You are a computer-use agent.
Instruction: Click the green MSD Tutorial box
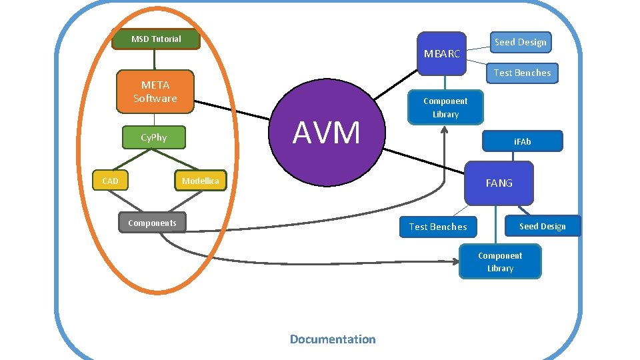pyautogui.click(x=156, y=39)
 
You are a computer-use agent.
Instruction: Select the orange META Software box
pyautogui.click(x=155, y=91)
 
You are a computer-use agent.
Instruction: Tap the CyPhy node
pyautogui.click(x=153, y=138)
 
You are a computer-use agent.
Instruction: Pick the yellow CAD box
pyautogui.click(x=110, y=181)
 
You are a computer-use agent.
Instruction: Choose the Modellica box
pyautogui.click(x=200, y=181)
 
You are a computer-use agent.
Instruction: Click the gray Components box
pyautogui.click(x=152, y=223)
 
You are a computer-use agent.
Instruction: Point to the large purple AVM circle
pyautogui.click(x=326, y=133)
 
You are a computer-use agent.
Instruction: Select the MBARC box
pyautogui.click(x=442, y=53)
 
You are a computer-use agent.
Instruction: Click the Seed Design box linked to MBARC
pyautogui.click(x=520, y=42)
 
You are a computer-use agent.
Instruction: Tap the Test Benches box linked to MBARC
pyautogui.click(x=522, y=73)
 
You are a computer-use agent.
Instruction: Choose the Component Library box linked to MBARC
pyautogui.click(x=445, y=107)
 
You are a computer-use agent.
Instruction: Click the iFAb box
pyautogui.click(x=522, y=141)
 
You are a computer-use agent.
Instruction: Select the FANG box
pyautogui.click(x=499, y=183)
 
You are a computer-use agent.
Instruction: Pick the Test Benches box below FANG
pyautogui.click(x=438, y=227)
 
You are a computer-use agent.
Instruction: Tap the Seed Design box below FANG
pyautogui.click(x=542, y=226)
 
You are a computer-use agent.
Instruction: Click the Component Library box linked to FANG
pyautogui.click(x=500, y=261)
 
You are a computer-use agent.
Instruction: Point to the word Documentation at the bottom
pyautogui.click(x=333, y=339)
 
